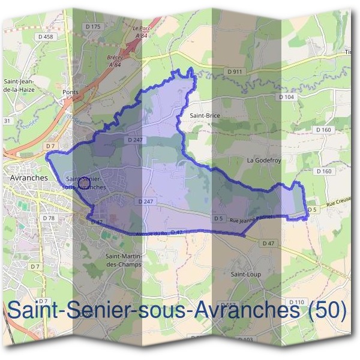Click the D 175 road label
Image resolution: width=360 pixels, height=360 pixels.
93,26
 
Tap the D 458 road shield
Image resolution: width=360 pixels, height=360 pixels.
44,37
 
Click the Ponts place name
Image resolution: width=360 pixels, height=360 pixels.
70,92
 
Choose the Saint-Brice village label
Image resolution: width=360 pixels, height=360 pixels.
205,115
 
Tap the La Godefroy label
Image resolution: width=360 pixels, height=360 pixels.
264,161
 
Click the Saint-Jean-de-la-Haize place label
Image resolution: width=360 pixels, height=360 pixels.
19,85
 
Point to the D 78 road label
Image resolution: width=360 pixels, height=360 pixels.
49,218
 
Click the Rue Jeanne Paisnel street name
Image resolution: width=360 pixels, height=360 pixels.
252,220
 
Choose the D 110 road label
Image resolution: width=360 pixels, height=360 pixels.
296,301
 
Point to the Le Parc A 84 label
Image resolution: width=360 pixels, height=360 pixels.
142,31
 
